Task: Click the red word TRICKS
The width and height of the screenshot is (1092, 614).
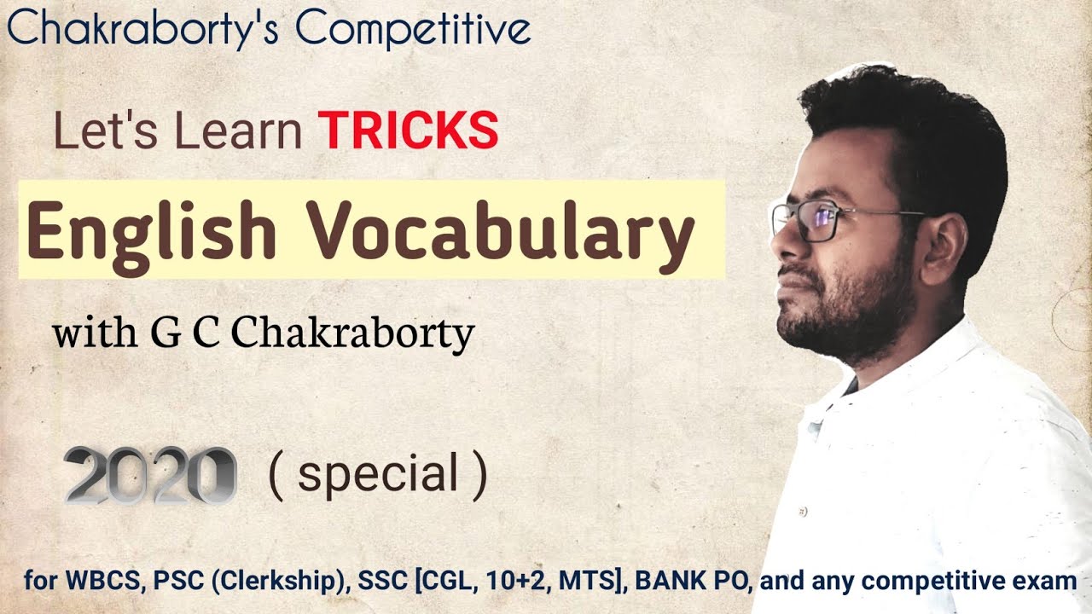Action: tap(409, 131)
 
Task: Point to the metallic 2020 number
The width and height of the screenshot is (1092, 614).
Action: tap(150, 475)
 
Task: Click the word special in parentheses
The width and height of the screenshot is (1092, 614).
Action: tap(378, 475)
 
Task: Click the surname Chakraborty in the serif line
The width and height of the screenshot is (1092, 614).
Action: tap(352, 335)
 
